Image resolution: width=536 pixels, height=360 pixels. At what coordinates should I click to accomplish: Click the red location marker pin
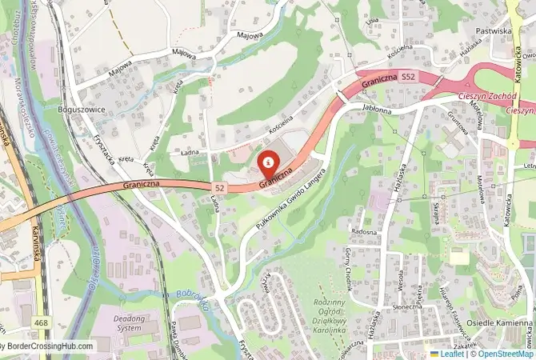tap(267, 162)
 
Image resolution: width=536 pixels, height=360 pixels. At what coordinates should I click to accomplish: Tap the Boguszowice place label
tap(82, 108)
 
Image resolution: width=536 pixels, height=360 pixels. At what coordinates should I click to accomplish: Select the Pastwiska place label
tap(493, 30)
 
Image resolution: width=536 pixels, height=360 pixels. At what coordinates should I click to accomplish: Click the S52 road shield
tap(408, 77)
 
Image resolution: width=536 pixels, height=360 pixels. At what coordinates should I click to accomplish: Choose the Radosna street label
tap(364, 232)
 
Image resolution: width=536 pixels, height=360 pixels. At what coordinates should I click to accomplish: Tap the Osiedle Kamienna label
tap(498, 324)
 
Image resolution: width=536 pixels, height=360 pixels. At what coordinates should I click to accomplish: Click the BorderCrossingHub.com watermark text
tap(48, 347)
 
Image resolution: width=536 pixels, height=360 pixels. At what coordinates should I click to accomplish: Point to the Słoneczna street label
tap(407, 306)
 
